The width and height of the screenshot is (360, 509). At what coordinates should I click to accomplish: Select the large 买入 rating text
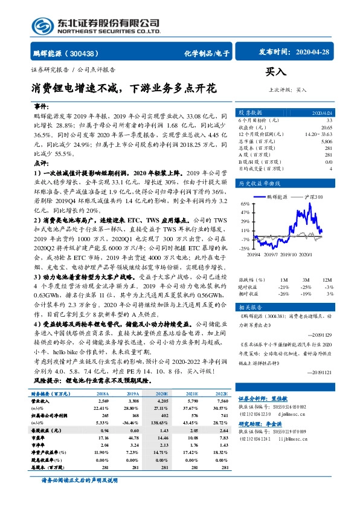276,72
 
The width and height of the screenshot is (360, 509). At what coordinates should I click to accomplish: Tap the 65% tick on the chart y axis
245,204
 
